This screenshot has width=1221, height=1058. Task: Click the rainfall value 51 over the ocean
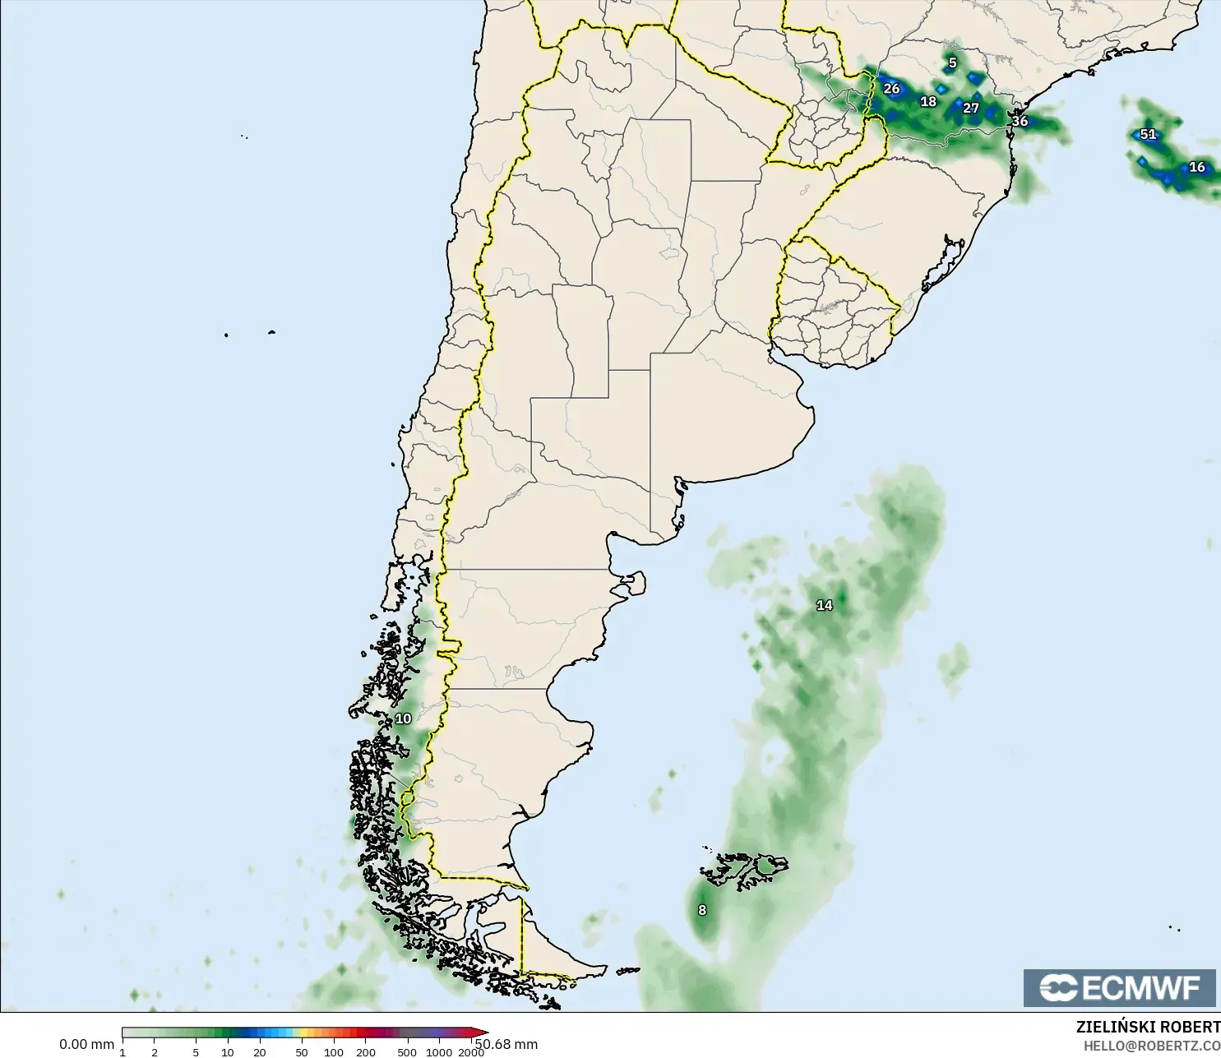(1148, 134)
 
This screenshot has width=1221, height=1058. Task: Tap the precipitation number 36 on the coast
(1020, 121)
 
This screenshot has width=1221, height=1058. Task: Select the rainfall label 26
(891, 88)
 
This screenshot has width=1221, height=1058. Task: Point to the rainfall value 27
(971, 108)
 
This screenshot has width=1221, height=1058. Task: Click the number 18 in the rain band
(928, 101)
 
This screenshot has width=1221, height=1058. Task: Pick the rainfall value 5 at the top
(952, 62)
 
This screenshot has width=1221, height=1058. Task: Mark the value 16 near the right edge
(1197, 167)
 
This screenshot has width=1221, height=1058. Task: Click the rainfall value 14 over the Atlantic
(824, 605)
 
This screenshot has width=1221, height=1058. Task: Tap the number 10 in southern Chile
(403, 718)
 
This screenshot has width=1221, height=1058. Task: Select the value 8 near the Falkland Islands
(702, 910)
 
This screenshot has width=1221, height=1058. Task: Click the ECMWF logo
(1119, 987)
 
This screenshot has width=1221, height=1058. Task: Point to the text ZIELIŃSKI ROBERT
(1148, 1027)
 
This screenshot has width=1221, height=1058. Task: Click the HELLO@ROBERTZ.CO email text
(1151, 1046)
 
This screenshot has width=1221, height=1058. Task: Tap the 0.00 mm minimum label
(86, 1044)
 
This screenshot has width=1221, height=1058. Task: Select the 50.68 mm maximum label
(506, 1044)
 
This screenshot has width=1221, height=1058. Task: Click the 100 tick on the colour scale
(334, 1052)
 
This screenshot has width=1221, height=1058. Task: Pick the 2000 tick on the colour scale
(470, 1052)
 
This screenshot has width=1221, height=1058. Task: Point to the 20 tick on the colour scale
(260, 1052)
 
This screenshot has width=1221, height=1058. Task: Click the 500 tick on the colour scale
(407, 1052)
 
